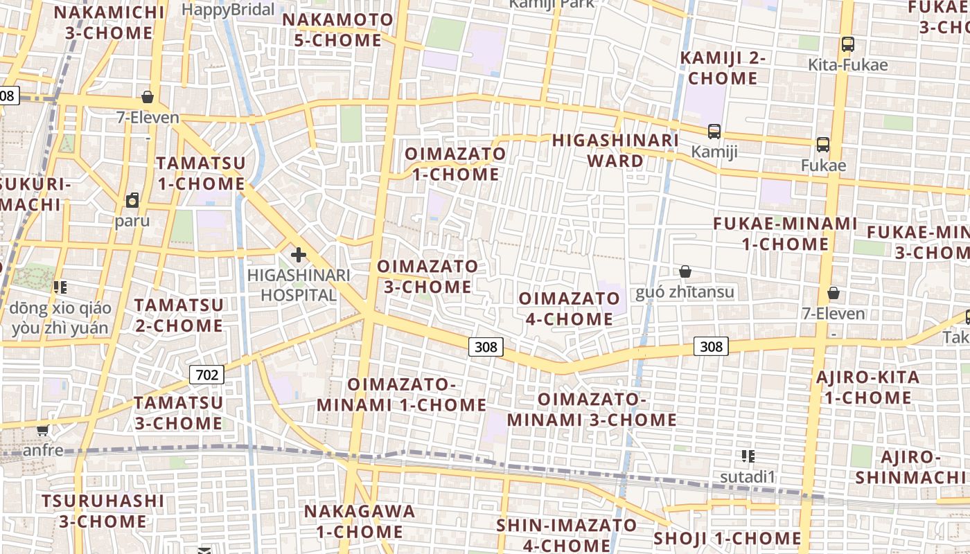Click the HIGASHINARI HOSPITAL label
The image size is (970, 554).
(299, 285)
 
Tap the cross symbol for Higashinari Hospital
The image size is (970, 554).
(299, 255)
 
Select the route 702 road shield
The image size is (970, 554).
(206, 375)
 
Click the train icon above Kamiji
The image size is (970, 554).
(714, 131)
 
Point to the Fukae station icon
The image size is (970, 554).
(823, 145)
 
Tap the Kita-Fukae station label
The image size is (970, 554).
(847, 65)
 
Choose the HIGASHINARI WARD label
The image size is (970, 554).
(615, 151)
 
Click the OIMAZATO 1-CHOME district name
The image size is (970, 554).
(455, 164)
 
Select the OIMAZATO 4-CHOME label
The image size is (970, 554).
(566, 309)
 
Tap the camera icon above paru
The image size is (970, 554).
(132, 201)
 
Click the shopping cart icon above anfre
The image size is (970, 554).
(43, 430)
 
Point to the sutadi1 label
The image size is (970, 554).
(747, 476)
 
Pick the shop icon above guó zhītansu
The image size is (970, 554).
(685, 271)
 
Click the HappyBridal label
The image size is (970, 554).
(228, 10)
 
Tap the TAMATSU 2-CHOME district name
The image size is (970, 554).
(179, 315)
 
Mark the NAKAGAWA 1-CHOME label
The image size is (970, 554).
(360, 521)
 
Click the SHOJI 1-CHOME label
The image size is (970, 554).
(727, 539)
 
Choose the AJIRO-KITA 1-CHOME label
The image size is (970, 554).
(867, 388)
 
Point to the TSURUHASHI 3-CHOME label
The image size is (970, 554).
(103, 510)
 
